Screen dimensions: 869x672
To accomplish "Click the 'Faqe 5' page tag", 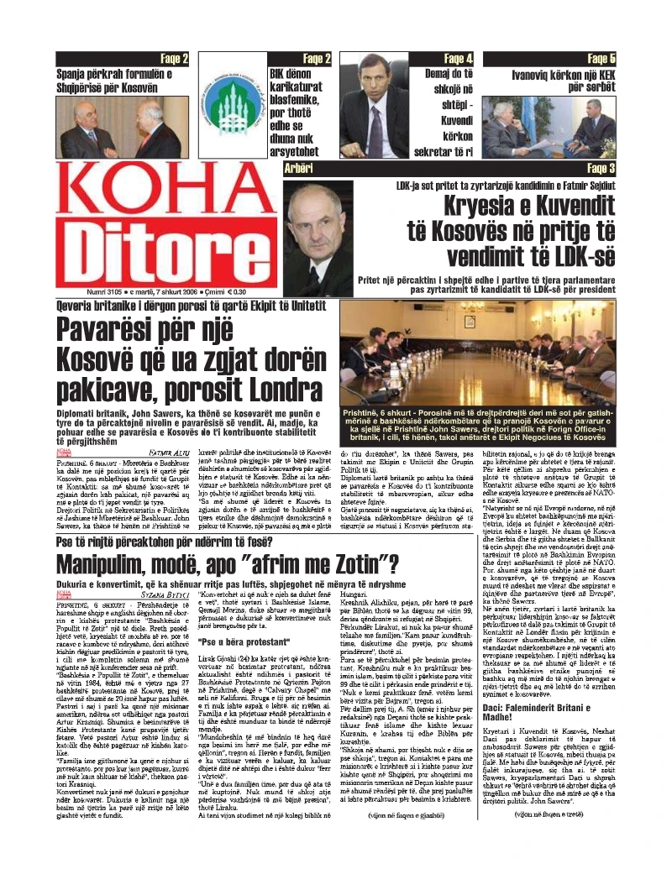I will tap(601, 58).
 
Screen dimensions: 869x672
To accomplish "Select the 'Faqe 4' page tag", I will tap(458, 58).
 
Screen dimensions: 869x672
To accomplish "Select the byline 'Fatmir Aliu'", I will tap(171, 452).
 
